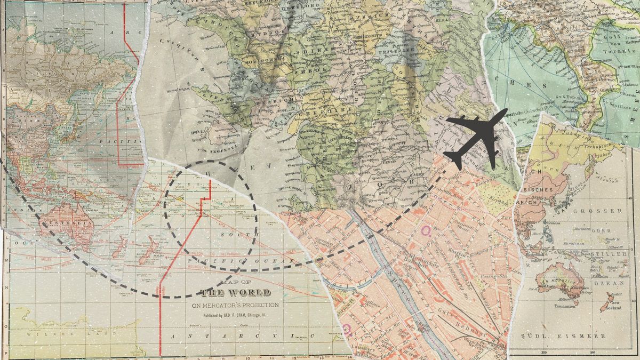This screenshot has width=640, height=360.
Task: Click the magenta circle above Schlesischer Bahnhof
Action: tap(426, 230)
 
